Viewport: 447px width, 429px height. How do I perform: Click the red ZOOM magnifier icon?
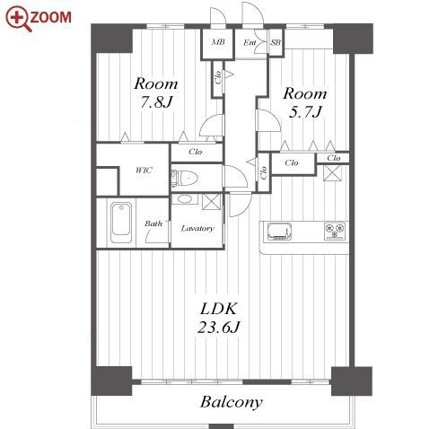[x=19, y=19]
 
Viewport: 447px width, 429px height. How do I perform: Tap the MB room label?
[x=218, y=42]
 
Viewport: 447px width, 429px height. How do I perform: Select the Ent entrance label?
[x=250, y=42]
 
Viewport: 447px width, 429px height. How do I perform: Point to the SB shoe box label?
[x=276, y=42]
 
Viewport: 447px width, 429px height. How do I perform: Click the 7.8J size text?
[x=156, y=102]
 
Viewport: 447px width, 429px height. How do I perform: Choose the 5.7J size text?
[x=305, y=112]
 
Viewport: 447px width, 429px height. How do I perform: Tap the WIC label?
[x=144, y=171]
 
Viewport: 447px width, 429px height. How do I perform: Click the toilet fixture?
[x=185, y=179]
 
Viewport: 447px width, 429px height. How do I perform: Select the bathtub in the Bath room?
[x=121, y=223]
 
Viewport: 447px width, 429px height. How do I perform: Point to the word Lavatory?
[x=197, y=229]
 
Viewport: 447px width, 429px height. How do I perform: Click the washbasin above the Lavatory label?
[x=185, y=199]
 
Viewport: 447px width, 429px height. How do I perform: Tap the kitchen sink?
[x=279, y=232]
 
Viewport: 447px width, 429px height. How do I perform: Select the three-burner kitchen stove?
[x=336, y=232]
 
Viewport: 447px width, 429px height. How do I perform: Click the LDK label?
[x=219, y=309]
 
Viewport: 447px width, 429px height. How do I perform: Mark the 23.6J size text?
[x=218, y=327]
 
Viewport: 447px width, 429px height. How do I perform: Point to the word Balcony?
[x=231, y=402]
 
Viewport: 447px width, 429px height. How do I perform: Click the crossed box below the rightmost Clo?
[x=332, y=173]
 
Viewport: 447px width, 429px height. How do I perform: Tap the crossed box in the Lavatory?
[x=212, y=202]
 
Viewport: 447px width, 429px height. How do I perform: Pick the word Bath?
[x=153, y=223]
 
